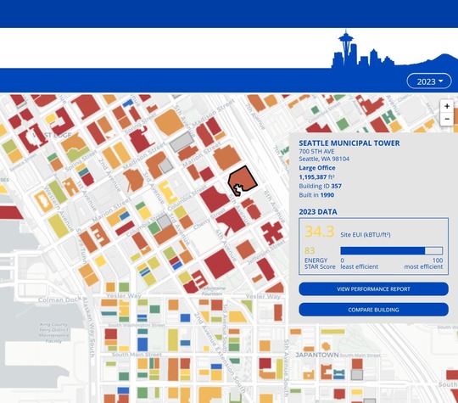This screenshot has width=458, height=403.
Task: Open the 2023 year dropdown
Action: tap(429, 81)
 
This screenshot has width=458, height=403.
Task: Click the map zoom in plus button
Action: tap(447, 106)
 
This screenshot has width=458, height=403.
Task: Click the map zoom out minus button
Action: tap(447, 120)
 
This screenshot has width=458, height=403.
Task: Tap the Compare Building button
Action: tap(373, 310)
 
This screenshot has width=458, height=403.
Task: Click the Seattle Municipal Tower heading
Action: tap(349, 143)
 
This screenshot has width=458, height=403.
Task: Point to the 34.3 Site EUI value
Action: tap(320, 232)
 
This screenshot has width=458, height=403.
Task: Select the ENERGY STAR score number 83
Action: tap(310, 250)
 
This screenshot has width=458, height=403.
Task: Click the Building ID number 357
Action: tap(337, 186)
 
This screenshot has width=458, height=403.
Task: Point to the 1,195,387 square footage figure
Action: tap(321, 176)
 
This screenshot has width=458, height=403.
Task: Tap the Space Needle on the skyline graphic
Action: tap(346, 48)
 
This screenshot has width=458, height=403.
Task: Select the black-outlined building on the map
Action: tap(243, 180)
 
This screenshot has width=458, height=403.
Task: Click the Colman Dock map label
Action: tap(59, 299)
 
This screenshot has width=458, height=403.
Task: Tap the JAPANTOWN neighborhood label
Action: tap(317, 355)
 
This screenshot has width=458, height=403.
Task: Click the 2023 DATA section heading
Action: tap(318, 212)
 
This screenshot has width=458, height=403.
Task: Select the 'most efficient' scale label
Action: tap(423, 266)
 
